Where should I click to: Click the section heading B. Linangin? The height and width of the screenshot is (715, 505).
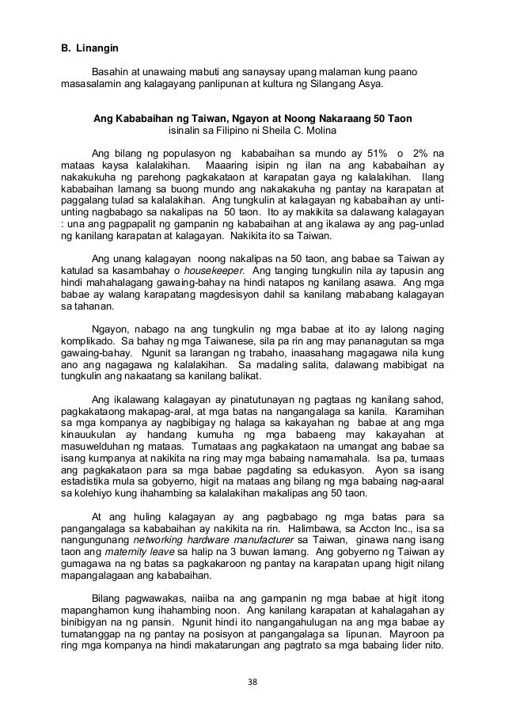pos(89,51)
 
